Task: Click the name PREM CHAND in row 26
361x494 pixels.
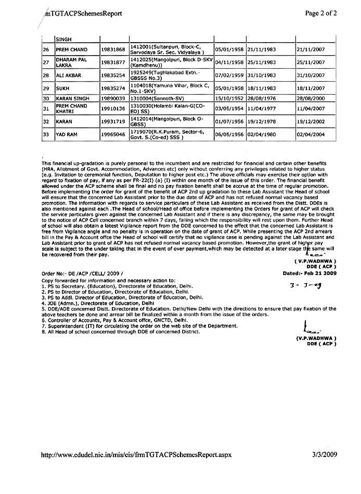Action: click(72, 49)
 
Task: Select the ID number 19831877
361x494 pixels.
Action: click(113, 62)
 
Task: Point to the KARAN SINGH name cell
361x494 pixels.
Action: click(73, 98)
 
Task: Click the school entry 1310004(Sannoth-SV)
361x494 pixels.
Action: click(157, 98)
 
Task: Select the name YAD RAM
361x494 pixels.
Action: click(68, 135)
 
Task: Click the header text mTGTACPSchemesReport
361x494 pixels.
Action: click(84, 14)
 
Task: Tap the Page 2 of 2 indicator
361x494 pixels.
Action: click(320, 14)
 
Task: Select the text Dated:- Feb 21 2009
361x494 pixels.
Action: click(310, 272)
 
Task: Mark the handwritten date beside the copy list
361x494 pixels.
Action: click(307, 285)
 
